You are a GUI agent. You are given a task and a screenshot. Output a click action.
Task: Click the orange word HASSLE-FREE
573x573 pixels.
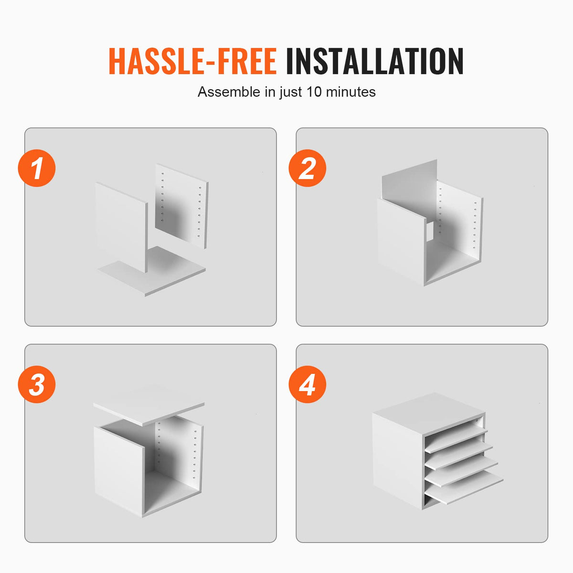tap(192, 61)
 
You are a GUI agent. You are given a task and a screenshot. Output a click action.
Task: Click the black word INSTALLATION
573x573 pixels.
tap(375, 61)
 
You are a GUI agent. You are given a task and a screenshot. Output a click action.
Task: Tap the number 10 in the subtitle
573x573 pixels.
tap(314, 92)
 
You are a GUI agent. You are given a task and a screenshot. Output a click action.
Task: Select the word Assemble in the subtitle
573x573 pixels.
tap(229, 92)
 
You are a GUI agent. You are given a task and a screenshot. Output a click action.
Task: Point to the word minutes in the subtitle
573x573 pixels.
tap(350, 92)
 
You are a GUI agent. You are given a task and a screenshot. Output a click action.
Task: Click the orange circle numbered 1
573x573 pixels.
tap(37, 168)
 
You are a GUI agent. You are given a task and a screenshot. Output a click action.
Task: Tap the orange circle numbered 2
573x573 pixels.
tap(307, 168)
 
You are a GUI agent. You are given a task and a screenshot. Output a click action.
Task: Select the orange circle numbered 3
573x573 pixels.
tap(37, 384)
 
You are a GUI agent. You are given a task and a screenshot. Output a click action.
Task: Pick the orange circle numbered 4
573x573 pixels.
tap(307, 384)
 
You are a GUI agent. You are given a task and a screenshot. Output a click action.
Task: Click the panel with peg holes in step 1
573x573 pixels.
tap(181, 206)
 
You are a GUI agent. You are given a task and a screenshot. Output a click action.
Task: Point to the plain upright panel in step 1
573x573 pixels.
tap(121, 227)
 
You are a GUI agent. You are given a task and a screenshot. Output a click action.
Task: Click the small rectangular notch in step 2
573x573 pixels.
tap(430, 231)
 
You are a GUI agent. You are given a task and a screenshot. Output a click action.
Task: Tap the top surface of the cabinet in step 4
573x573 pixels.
tap(429, 408)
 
